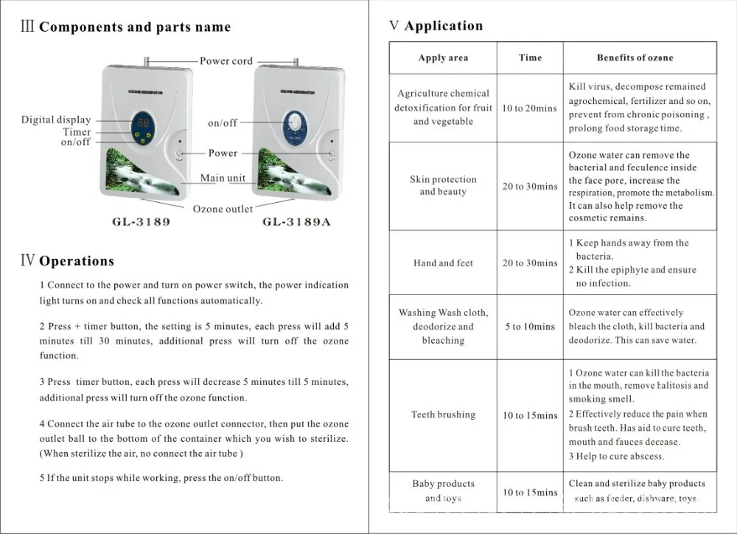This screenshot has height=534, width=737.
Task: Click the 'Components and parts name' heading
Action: pos(134,28)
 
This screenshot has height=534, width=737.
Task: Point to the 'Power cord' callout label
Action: pos(226,61)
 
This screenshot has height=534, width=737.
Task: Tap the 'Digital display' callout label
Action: pos(56,119)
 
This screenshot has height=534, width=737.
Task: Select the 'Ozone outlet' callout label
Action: pos(223,209)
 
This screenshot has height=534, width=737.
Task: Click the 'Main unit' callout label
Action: pos(223,178)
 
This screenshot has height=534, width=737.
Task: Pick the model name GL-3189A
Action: pos(296,222)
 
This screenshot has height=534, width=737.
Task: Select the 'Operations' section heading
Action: pos(76,261)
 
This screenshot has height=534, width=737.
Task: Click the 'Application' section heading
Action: pos(443,27)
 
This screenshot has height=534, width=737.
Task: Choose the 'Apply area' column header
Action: pos(443,58)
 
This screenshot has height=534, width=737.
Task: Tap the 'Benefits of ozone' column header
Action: pos(635,58)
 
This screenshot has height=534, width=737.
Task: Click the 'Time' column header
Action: pos(530,58)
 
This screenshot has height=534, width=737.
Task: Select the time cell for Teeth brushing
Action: pos(530,415)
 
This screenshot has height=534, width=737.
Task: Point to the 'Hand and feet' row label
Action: pos(443,263)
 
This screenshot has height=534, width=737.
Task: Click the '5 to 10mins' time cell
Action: pos(530,326)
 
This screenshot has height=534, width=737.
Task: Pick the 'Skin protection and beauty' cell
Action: pos(443,185)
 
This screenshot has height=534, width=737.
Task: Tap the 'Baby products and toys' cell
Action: pos(443,491)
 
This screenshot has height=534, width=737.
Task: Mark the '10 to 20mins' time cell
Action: pos(530,108)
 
